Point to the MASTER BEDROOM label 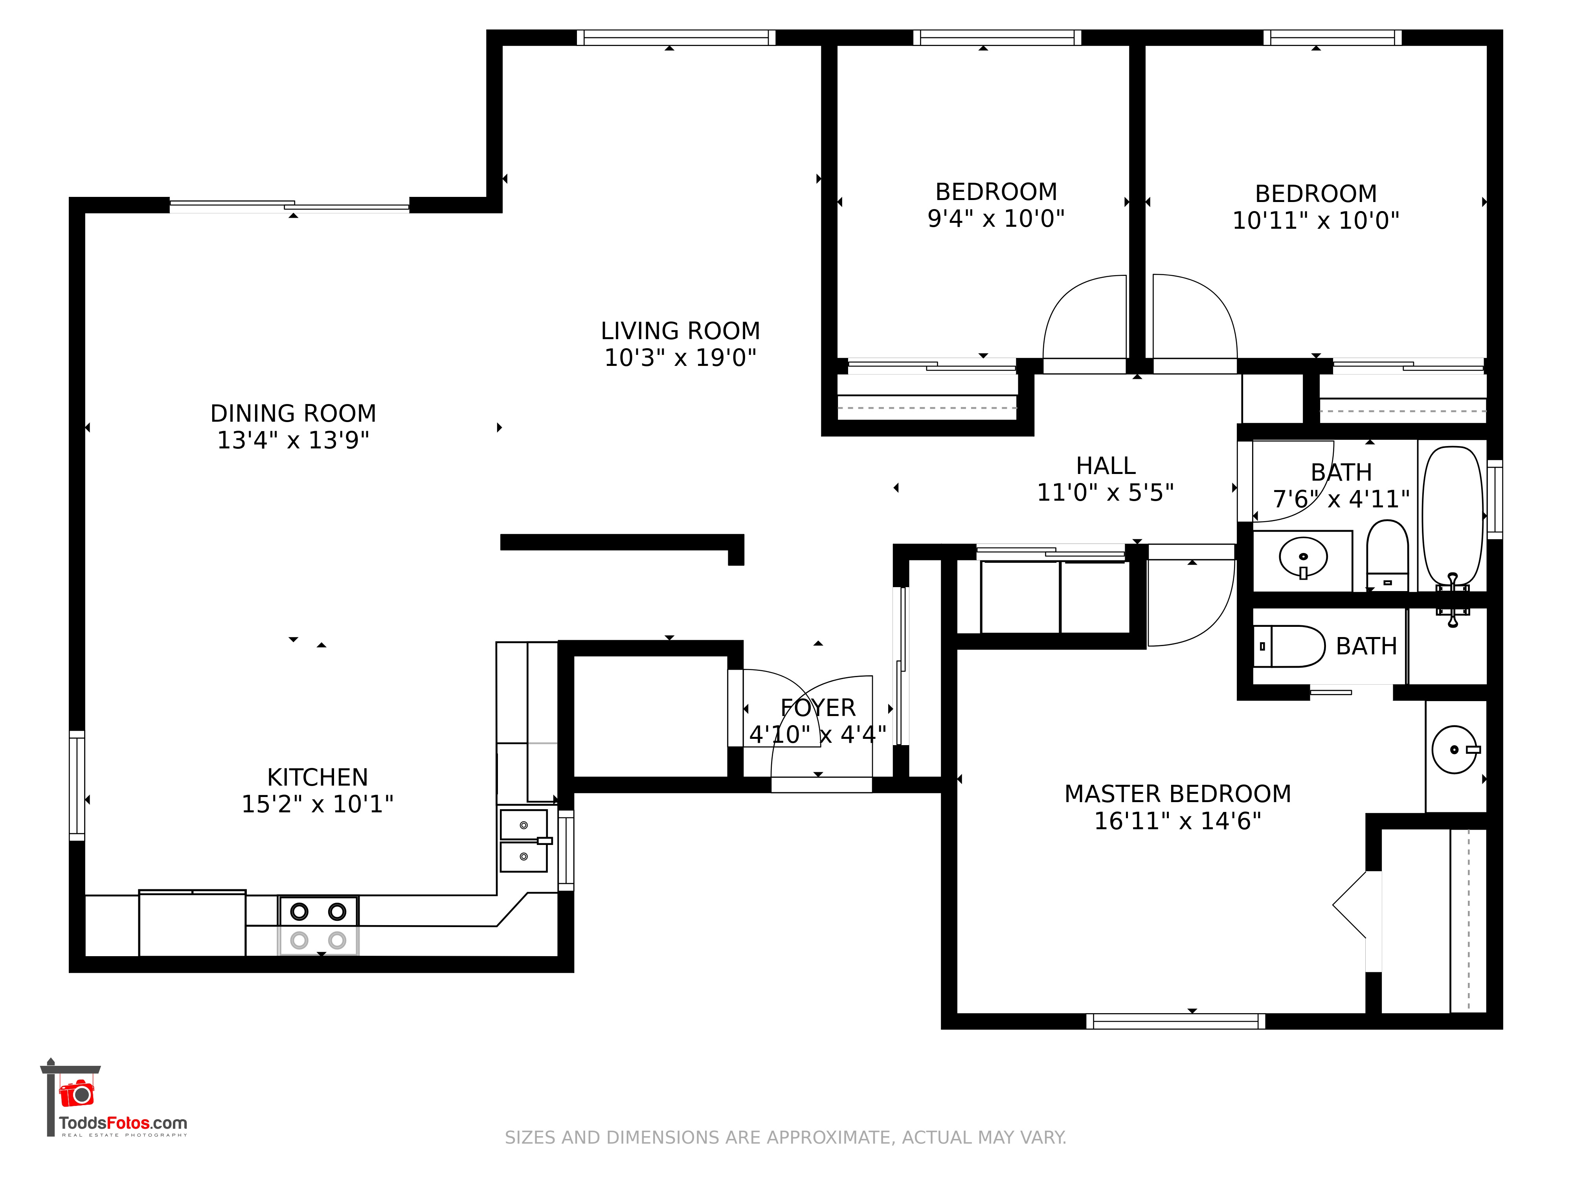pos(1177,794)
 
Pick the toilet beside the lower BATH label pos(1288,646)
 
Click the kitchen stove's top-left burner pos(299,911)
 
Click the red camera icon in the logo pos(77,1093)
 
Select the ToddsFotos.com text pos(123,1123)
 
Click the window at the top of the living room pos(676,38)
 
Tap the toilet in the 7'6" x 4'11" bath pos(1387,556)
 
